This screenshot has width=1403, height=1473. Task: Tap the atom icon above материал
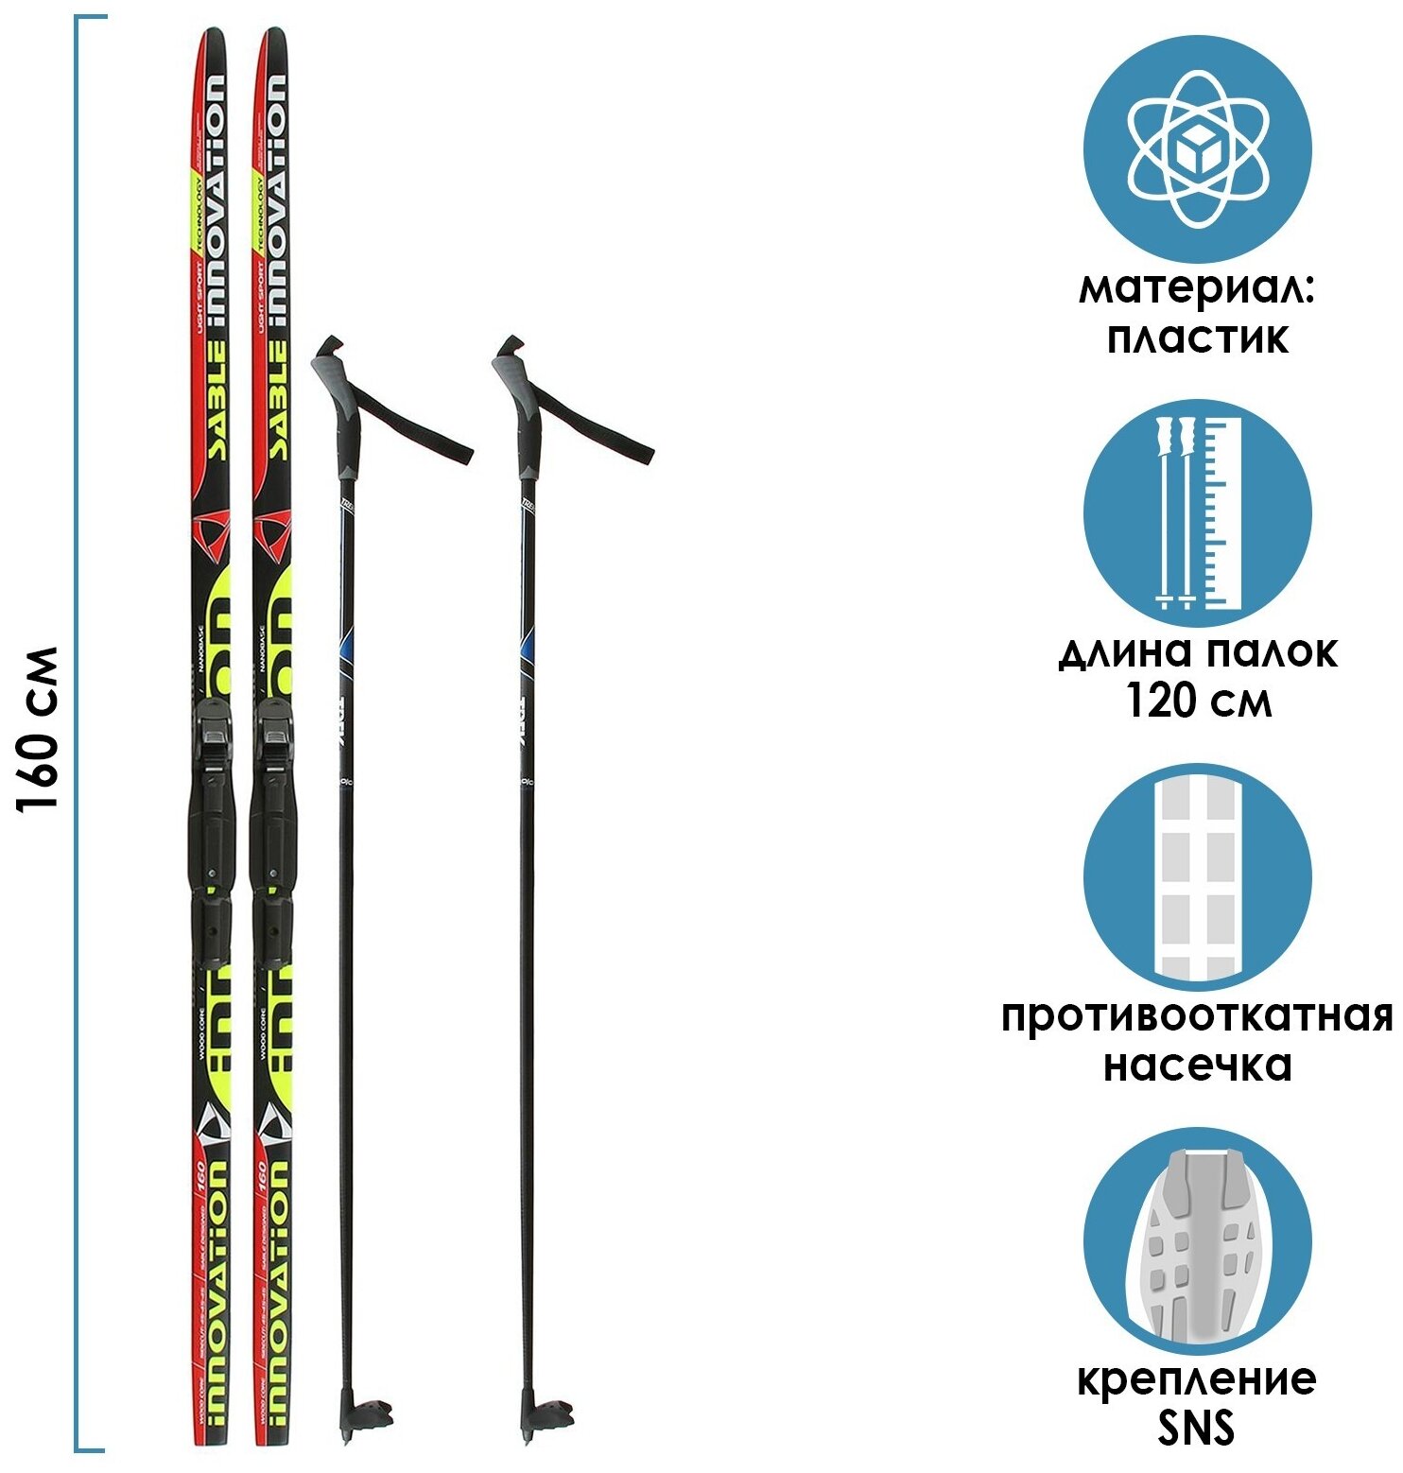[1197, 148]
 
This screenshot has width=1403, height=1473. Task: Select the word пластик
[1197, 338]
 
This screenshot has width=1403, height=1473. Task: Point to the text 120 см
[1197, 702]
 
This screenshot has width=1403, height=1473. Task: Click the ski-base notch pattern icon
[1197, 876]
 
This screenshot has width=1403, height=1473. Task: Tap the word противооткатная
[1197, 1017]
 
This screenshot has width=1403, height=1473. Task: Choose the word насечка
[1197, 1066]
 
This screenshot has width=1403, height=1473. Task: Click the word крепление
[1197, 1379]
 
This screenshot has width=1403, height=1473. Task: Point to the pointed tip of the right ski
[273, 36]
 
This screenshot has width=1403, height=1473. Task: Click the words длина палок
[1197, 653]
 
